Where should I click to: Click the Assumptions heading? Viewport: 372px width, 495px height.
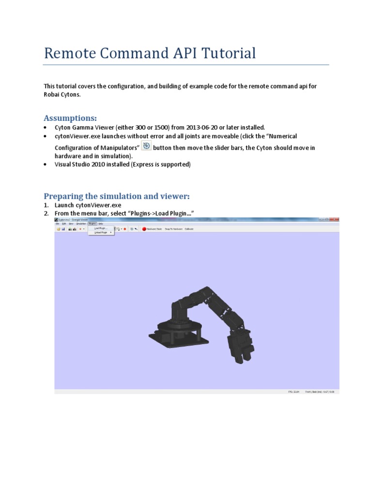pyautogui.click(x=70, y=118)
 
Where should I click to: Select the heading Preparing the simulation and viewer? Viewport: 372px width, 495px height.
pyautogui.click(x=117, y=196)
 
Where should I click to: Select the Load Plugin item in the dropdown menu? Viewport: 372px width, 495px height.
pyautogui.click(x=101, y=228)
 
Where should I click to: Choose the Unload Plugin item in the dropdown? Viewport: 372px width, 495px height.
pyautogui.click(x=101, y=233)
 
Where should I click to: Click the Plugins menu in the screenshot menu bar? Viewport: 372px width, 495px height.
pyautogui.click(x=93, y=224)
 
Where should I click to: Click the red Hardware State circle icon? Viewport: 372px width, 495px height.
pyautogui.click(x=144, y=229)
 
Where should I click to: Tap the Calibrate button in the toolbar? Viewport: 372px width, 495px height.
pyautogui.click(x=189, y=229)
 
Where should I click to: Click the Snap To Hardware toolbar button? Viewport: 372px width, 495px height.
pyautogui.click(x=173, y=229)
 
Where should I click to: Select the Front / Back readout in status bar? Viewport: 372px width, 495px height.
pyautogui.click(x=319, y=392)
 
